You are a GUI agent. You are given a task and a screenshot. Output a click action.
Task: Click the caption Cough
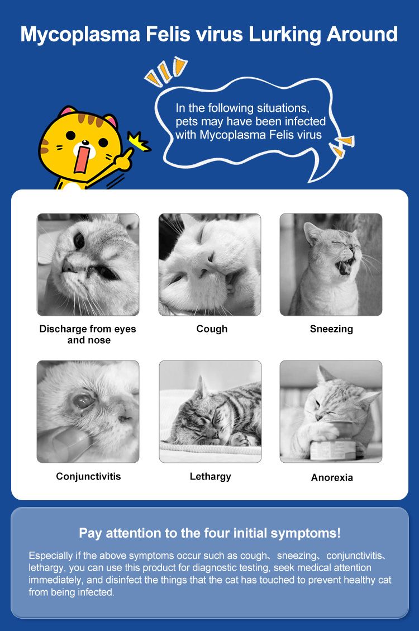pyautogui.click(x=212, y=329)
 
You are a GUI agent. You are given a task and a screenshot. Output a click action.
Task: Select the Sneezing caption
pyautogui.click(x=331, y=329)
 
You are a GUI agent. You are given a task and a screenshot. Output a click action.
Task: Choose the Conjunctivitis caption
pyautogui.click(x=88, y=477)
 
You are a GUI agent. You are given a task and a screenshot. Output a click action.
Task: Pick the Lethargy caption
pyautogui.click(x=210, y=477)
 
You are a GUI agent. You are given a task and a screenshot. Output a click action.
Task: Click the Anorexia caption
pyautogui.click(x=332, y=478)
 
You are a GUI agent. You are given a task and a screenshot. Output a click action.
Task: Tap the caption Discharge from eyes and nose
pyautogui.click(x=88, y=334)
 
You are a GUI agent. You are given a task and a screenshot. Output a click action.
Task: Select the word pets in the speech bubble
pyautogui.click(x=187, y=121)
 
